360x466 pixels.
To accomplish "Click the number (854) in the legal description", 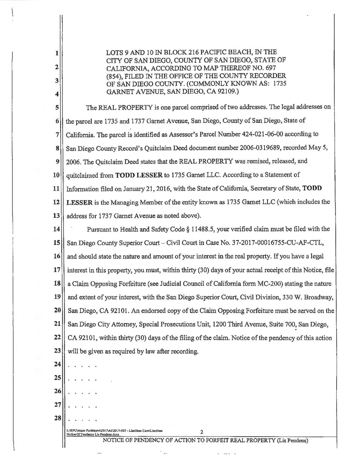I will (114, 74).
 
